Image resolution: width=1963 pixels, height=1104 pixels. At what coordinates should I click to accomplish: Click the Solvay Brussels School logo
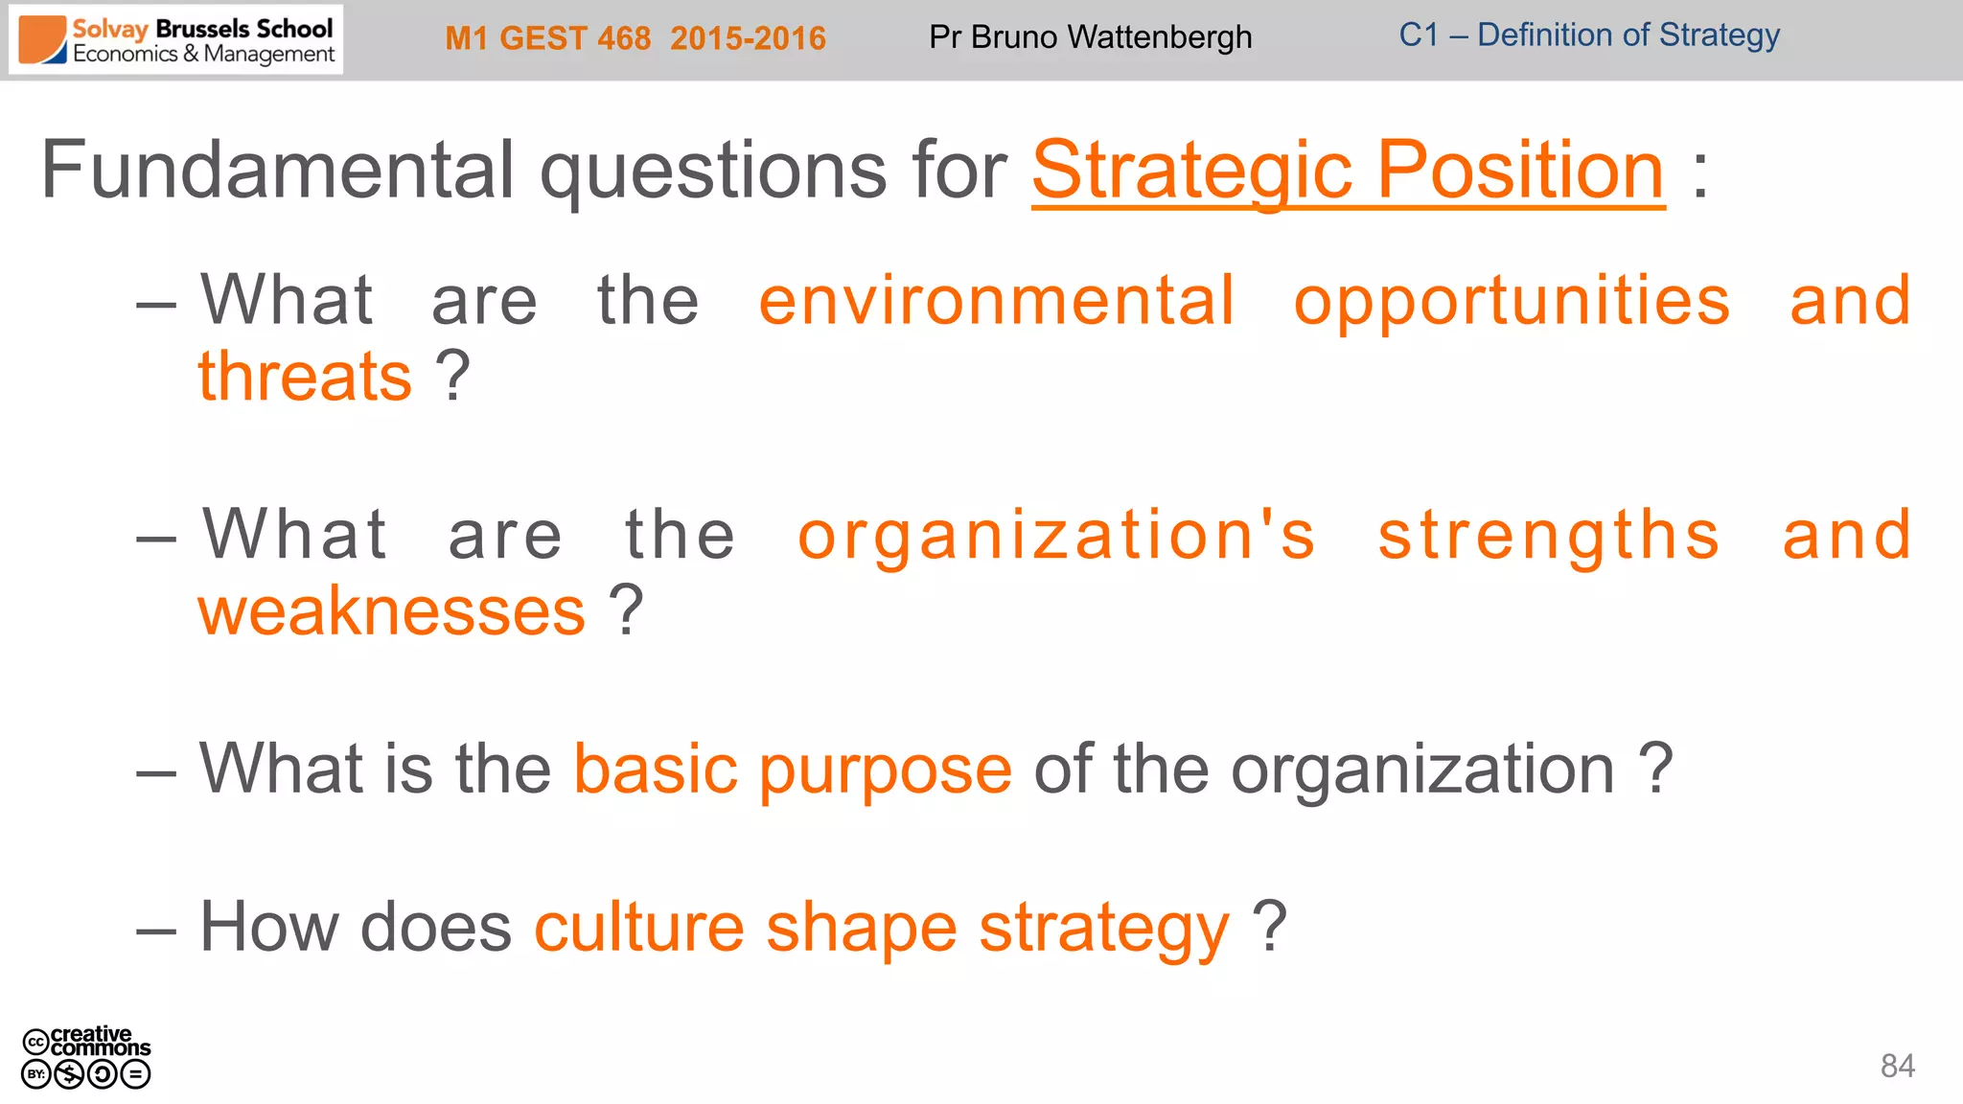point(176,40)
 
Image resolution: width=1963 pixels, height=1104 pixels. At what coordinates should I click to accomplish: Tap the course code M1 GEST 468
point(547,38)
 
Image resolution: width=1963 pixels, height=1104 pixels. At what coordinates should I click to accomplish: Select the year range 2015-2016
point(748,38)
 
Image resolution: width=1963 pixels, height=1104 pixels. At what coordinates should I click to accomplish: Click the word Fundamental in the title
point(279,171)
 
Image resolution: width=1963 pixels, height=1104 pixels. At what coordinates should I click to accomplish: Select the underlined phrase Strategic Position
point(1348,171)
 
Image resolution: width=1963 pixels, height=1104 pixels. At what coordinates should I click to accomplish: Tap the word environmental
point(996,301)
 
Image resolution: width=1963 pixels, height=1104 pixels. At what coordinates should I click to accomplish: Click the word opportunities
point(1512,301)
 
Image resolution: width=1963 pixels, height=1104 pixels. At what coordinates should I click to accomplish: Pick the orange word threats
point(305,376)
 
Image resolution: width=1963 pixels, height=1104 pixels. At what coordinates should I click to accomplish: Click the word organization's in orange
point(1056,535)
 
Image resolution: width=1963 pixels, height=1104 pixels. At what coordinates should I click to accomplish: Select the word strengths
point(1548,535)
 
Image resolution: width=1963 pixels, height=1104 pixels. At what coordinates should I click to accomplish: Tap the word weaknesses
point(391,610)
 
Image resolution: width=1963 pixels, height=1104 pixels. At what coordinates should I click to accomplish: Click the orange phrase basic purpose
point(793,769)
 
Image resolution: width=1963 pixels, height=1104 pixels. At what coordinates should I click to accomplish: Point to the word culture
point(638,928)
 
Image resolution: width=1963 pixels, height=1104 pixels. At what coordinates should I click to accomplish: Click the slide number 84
point(1897,1066)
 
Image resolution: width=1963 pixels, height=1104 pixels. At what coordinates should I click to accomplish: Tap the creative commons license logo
point(86,1057)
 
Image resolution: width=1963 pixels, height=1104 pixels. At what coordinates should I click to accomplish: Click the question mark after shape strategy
point(1269,926)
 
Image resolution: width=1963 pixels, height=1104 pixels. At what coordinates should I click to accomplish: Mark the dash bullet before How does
point(156,930)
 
